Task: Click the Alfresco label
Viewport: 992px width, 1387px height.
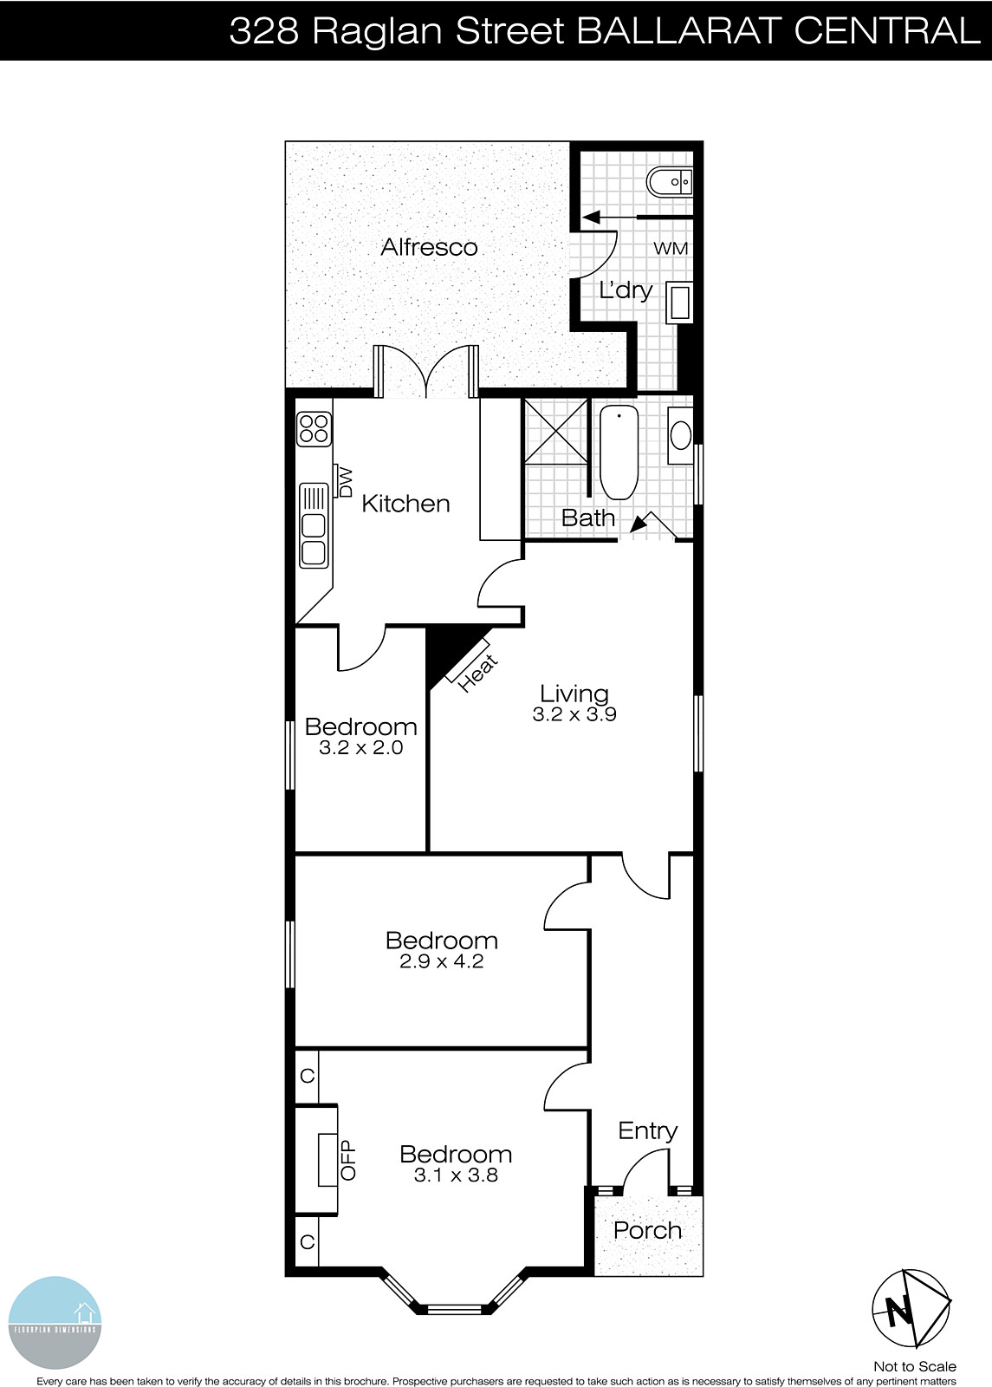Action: click(x=429, y=247)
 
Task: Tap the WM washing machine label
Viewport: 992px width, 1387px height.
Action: click(x=670, y=249)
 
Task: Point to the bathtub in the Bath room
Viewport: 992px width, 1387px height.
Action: click(x=619, y=452)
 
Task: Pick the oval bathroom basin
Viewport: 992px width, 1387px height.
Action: click(x=681, y=435)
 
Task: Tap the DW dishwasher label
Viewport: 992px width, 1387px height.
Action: click(x=345, y=482)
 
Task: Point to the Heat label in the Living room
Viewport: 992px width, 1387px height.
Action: click(x=478, y=673)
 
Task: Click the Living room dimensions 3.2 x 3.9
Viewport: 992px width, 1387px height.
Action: click(x=574, y=715)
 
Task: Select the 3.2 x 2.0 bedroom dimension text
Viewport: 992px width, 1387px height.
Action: click(x=360, y=748)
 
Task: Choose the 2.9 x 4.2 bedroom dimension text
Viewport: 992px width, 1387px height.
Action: click(x=441, y=961)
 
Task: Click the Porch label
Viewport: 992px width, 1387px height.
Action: click(x=647, y=1230)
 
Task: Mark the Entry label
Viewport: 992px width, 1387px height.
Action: click(x=647, y=1130)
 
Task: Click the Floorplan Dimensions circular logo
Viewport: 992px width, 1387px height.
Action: click(x=55, y=1323)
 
